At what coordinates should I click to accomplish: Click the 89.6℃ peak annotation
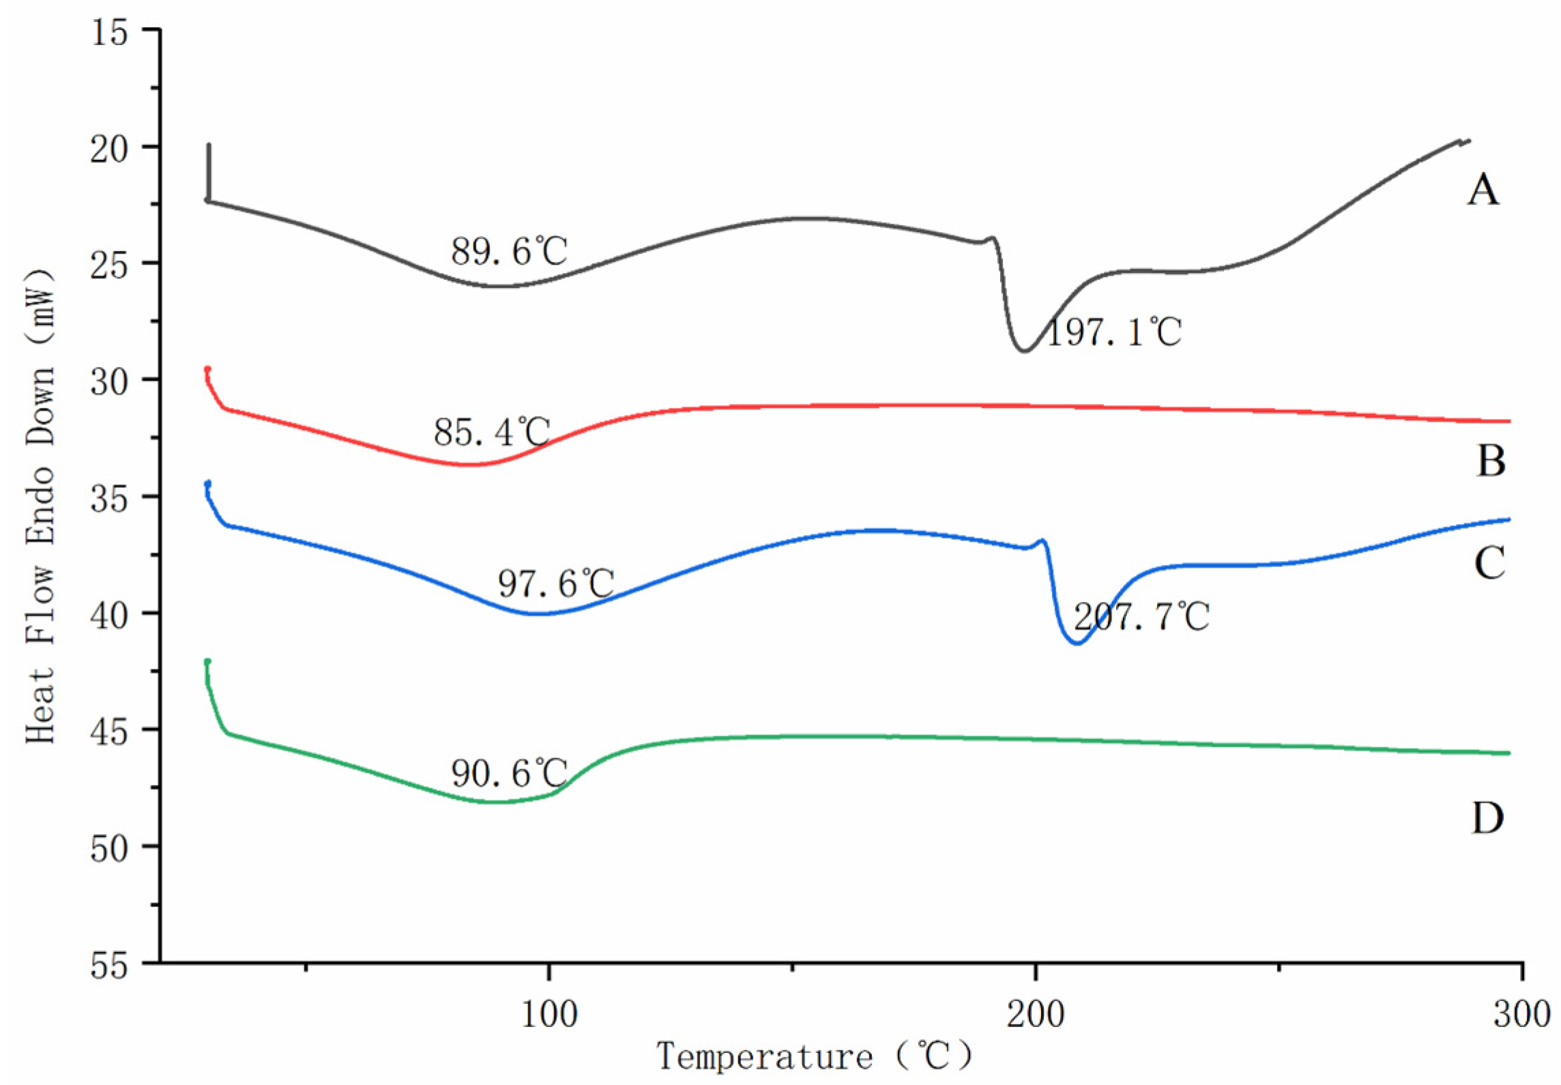(x=508, y=252)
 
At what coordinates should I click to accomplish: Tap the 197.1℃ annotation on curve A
(x=1113, y=332)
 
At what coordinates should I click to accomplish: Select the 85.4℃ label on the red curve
(x=491, y=432)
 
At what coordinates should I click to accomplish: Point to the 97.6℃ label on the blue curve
(x=555, y=584)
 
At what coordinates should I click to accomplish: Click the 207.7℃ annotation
(x=1141, y=617)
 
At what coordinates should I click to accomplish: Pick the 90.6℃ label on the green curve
(x=508, y=774)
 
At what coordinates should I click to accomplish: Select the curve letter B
(x=1491, y=461)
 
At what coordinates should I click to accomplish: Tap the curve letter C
(x=1489, y=564)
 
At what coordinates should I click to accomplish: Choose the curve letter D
(x=1487, y=818)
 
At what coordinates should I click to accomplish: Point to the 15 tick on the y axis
(x=109, y=32)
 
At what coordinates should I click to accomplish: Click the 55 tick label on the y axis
(x=109, y=966)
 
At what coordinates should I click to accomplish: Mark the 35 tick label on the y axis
(x=109, y=499)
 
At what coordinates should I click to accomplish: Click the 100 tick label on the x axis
(x=549, y=1014)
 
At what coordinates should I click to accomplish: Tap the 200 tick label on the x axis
(x=1035, y=1014)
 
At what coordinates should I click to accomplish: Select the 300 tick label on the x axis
(x=1521, y=1014)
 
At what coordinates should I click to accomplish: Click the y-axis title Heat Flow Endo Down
(x=40, y=505)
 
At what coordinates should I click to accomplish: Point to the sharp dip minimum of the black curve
(x=1023, y=351)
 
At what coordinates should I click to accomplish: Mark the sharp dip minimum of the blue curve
(x=1077, y=643)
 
